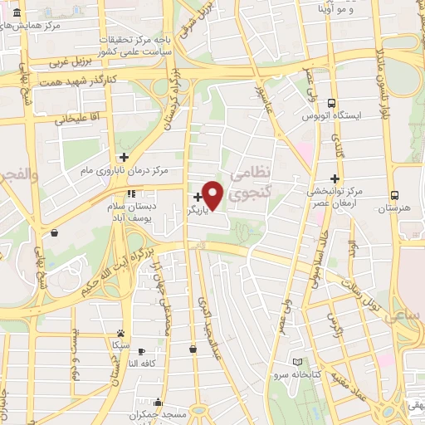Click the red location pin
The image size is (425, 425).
213,194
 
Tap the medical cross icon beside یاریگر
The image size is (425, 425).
197,197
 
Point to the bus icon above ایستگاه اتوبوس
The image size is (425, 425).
332,105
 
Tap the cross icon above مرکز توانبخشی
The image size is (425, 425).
335,178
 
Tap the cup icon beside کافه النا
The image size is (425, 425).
141,351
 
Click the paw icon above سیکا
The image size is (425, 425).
121,331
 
